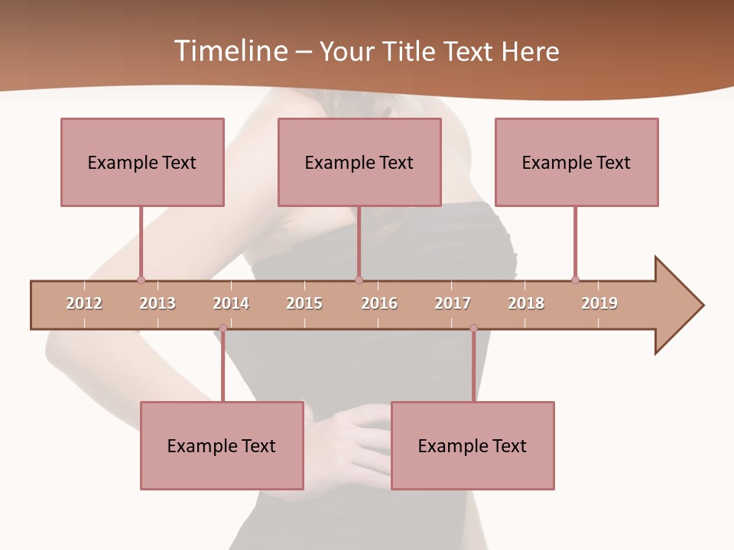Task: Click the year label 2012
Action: (84, 303)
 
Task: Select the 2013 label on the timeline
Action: (158, 303)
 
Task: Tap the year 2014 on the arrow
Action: (231, 303)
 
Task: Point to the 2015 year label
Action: (304, 303)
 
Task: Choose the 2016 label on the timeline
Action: (379, 303)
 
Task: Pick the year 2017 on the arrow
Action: (453, 303)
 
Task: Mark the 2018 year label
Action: (526, 303)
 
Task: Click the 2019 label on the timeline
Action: (599, 303)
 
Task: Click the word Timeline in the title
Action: (230, 51)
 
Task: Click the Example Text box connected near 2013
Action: (142, 162)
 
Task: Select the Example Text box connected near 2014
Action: (222, 445)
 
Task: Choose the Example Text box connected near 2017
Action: (473, 445)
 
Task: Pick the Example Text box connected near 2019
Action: (576, 162)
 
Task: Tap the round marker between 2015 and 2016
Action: (359, 280)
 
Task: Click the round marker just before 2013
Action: (141, 280)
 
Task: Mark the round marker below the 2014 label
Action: (222, 328)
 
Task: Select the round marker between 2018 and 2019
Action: (575, 280)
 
